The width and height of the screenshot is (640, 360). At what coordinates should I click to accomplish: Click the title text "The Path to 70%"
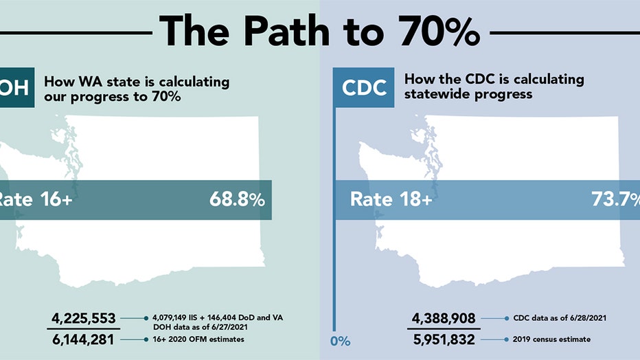tap(319, 30)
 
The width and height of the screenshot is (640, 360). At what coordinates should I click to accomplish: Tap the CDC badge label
tap(364, 87)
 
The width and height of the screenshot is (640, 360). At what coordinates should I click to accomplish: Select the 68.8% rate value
tap(237, 200)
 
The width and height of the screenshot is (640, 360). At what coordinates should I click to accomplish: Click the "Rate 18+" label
tap(391, 200)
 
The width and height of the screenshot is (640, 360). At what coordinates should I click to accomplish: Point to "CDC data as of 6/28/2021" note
tap(558, 318)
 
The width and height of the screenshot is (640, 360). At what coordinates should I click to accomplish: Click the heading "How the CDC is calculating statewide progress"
tap(494, 87)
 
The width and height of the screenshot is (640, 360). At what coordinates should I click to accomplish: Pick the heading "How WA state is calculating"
tap(137, 82)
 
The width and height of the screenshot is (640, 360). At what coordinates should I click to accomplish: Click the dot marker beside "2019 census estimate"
tap(506, 339)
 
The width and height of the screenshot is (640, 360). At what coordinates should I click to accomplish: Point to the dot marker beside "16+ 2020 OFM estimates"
tap(146, 339)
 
